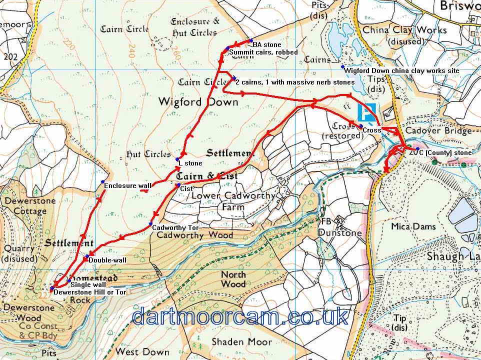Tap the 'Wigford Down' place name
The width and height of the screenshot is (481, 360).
(x=197, y=102)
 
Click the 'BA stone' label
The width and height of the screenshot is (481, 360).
(x=266, y=45)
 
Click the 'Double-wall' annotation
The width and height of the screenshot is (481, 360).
(x=106, y=260)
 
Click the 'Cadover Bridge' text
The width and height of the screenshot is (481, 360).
(x=438, y=131)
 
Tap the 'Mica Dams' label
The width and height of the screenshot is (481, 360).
(x=413, y=226)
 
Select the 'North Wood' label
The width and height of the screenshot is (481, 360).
(x=234, y=279)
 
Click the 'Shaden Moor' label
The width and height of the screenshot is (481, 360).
(x=241, y=342)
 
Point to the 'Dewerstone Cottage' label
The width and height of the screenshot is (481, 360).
(x=25, y=206)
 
